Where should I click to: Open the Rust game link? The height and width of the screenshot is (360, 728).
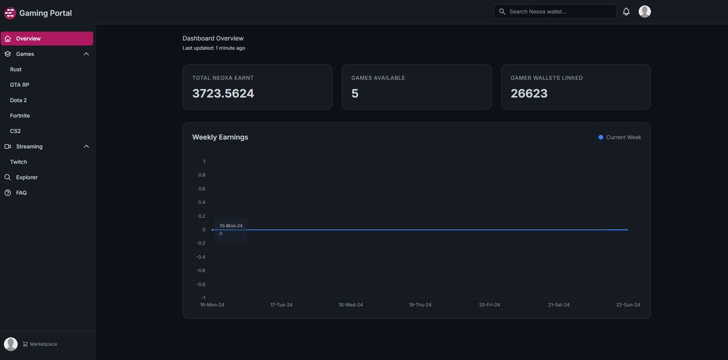[x=16, y=70]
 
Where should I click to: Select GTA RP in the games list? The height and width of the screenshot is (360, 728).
[x=19, y=85]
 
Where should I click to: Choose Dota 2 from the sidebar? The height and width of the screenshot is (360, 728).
[x=18, y=100]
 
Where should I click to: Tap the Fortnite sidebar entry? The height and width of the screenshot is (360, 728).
[x=20, y=116]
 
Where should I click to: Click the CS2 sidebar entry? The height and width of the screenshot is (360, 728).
[x=15, y=131]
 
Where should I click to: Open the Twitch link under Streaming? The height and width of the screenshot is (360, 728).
[x=18, y=162]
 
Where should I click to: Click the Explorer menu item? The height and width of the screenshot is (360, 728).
[x=27, y=177]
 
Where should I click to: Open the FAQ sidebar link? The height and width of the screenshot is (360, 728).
[x=21, y=193]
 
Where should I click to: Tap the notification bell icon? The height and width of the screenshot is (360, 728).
[x=626, y=12]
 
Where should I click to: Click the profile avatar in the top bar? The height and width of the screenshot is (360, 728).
[x=644, y=12]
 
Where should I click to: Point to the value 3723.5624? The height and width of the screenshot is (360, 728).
[x=223, y=93]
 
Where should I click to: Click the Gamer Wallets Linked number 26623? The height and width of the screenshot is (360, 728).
[x=529, y=93]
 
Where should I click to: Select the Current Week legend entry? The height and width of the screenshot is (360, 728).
[x=619, y=137]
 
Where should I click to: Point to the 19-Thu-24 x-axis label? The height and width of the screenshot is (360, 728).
[x=420, y=305]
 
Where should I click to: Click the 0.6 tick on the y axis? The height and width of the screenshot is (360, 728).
[x=201, y=189]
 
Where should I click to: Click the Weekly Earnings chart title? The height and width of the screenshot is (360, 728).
[x=220, y=137]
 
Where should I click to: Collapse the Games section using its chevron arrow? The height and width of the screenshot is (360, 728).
[x=86, y=54]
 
